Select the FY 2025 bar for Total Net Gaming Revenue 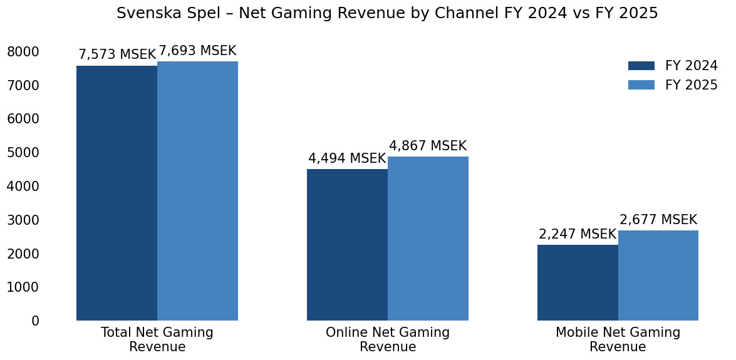[197, 191]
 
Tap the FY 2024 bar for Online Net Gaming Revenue [347, 245]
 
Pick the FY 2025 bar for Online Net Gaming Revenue [428, 239]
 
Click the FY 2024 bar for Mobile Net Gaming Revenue [578, 282]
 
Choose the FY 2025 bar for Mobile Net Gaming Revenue [658, 275]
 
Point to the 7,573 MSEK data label [117, 54]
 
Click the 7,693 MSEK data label [197, 51]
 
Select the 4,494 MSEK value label [347, 158]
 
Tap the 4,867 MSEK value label [428, 146]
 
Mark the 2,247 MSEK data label [578, 234]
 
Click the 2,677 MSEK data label [658, 220]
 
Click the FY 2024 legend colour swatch [641, 66]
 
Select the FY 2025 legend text [692, 85]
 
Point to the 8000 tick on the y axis [23, 51]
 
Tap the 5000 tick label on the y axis [23, 152]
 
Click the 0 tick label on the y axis [35, 321]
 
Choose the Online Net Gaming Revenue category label [388, 339]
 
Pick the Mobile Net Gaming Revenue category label [618, 339]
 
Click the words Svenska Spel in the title [157, 13]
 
